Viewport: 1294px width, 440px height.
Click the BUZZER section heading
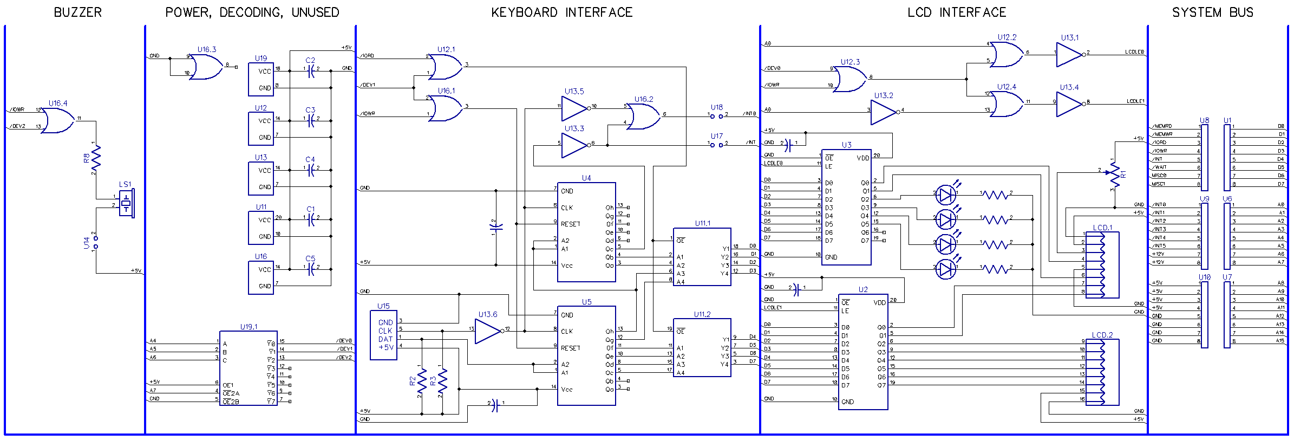[77, 12]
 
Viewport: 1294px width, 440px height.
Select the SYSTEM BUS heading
[1212, 12]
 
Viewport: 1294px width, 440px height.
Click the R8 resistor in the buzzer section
[96, 158]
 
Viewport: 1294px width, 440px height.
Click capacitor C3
[311, 120]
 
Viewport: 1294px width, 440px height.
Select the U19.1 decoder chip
[249, 368]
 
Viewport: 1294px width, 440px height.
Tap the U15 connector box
[384, 335]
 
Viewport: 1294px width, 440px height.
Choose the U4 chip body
[586, 232]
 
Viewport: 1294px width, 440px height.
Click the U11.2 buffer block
[702, 347]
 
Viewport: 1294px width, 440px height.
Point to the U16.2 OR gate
[644, 116]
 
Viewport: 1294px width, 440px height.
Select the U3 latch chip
[846, 207]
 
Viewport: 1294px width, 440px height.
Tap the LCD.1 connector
[1102, 264]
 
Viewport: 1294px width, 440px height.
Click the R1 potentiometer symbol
[1114, 174]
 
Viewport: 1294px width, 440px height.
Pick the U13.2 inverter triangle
[884, 112]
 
